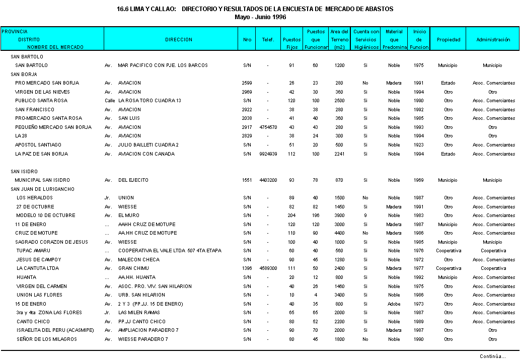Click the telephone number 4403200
point(268,180)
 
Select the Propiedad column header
point(449,39)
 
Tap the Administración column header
point(493,39)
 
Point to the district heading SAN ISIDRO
point(24,172)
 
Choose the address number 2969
point(247,92)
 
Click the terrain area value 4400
point(339,233)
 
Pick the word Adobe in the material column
point(394,304)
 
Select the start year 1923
point(419,145)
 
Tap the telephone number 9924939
point(268,154)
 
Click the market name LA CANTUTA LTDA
point(38,268)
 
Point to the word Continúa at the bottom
point(492,356)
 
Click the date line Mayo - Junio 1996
point(260,17)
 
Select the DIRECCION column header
point(179,39)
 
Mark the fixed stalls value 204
point(291,215)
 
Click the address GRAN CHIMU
point(132,268)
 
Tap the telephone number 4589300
point(268,268)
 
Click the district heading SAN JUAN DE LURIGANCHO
point(42,189)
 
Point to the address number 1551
point(247,180)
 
